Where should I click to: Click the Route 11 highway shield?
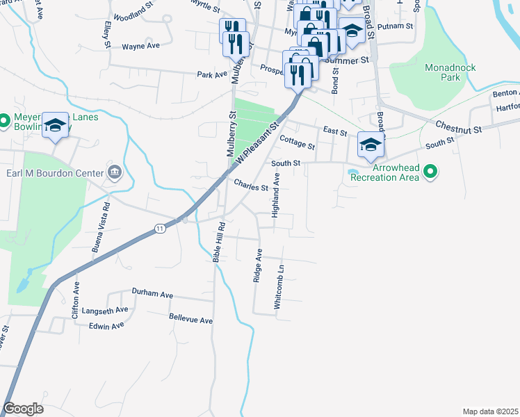[x=160, y=229]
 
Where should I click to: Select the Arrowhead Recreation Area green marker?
[x=430, y=170]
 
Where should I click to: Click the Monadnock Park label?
[x=441, y=72]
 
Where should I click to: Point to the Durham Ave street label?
[x=152, y=295]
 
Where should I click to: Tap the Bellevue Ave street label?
[x=190, y=319]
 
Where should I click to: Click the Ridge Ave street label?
[x=258, y=265]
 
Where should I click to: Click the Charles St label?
[x=251, y=186]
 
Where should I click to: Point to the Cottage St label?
[x=297, y=142]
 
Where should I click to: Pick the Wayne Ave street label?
[x=141, y=46]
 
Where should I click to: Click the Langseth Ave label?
[x=105, y=310]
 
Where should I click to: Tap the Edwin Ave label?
[x=107, y=325]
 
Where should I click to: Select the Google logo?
[x=23, y=409]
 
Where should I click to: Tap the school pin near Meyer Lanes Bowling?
[x=54, y=126]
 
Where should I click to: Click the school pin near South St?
[x=371, y=145]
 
